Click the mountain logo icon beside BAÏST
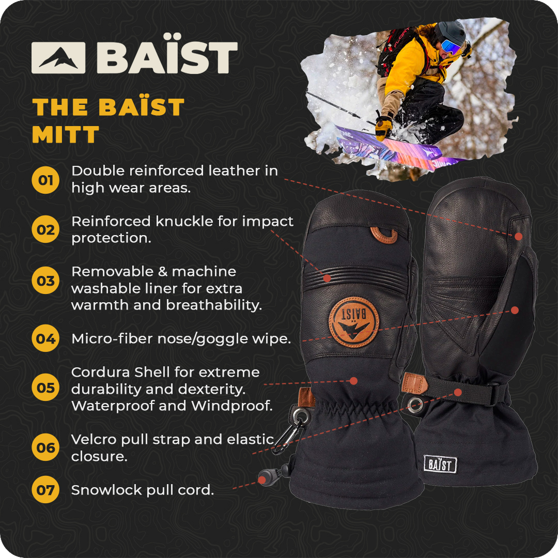click(58, 58)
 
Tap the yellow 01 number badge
click(45, 180)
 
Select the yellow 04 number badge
click(45, 338)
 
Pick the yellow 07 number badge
click(45, 490)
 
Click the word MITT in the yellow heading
click(66, 134)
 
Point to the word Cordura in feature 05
click(101, 372)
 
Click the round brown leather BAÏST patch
click(354, 322)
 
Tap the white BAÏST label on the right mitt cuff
click(440, 464)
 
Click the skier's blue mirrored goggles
click(451, 47)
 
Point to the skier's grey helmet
click(451, 33)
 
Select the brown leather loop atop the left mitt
click(383, 235)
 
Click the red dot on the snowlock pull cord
click(262, 480)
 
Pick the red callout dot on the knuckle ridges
click(327, 278)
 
